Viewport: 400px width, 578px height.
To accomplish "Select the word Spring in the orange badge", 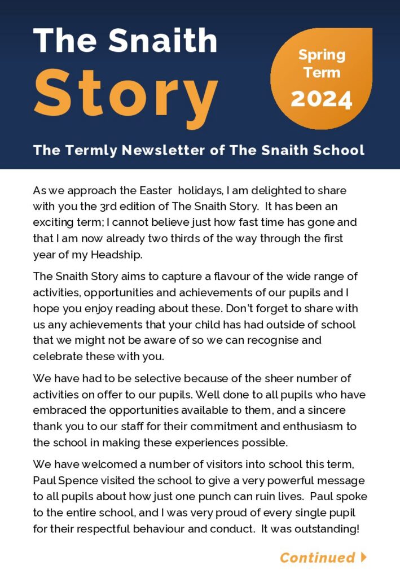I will (x=322, y=55).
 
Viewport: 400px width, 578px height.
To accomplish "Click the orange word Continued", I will (x=317, y=558).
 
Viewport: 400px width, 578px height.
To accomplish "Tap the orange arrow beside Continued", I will (x=364, y=557).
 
